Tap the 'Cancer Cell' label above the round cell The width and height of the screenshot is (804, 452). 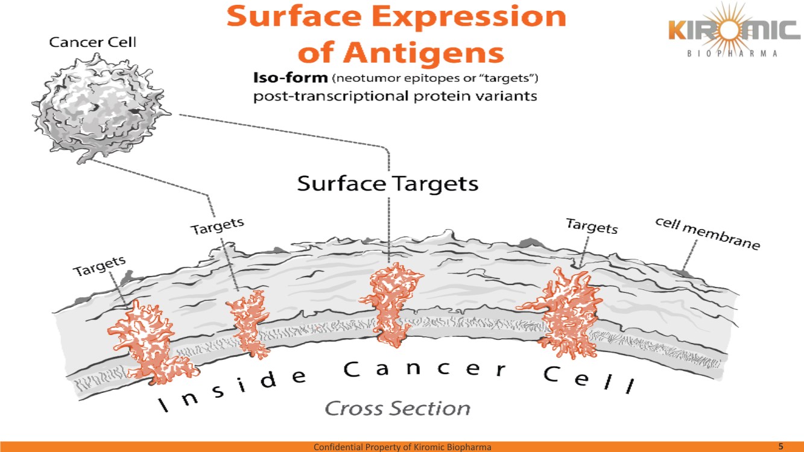pos(93,42)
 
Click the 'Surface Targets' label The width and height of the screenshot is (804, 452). pos(388,183)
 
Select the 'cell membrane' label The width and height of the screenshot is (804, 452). pos(707,234)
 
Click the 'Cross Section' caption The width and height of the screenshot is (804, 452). pos(397,408)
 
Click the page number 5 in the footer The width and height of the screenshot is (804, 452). pos(780,446)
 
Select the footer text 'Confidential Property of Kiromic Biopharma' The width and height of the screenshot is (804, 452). pos(402,447)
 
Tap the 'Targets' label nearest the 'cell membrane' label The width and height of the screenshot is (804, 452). pos(592,227)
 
